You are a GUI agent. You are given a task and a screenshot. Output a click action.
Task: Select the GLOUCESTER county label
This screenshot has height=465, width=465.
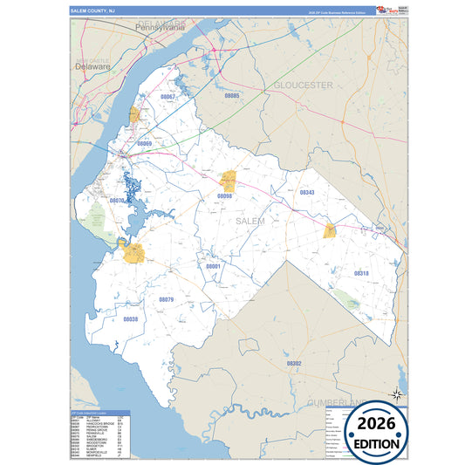[304, 85]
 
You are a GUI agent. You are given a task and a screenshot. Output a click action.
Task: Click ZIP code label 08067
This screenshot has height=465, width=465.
[168, 97]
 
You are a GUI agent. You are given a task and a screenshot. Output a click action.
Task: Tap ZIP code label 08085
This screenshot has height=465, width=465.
[231, 95]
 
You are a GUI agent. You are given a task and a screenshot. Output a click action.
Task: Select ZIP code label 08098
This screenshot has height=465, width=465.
[225, 197]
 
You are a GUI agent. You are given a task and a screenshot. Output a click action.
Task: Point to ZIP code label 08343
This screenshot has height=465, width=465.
[306, 192]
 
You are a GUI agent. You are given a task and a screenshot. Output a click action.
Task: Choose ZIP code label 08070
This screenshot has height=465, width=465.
[117, 201]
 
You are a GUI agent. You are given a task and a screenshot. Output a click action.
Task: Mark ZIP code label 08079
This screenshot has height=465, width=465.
[166, 299]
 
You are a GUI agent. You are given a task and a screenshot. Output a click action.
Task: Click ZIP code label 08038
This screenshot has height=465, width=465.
[130, 319]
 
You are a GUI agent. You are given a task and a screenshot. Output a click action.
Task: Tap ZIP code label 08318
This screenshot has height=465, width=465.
[361, 274]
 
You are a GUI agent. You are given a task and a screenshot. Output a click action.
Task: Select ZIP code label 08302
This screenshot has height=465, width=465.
[293, 363]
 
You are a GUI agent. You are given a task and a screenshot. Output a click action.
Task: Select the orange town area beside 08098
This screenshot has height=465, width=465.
[229, 181]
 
